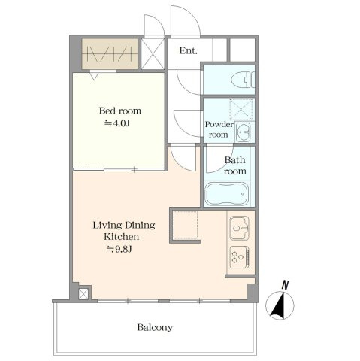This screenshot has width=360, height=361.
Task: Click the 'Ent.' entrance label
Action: [188, 51]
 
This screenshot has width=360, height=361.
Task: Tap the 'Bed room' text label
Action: [120, 111]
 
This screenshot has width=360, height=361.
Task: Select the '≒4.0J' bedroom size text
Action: [117, 123]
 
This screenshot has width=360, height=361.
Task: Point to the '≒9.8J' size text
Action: [119, 249]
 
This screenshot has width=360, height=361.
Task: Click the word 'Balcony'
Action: [155, 328]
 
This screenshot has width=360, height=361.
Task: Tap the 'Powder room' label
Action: [219, 129]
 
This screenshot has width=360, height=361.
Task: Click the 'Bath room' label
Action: [234, 165]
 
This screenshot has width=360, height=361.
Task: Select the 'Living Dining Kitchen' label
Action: [124, 231]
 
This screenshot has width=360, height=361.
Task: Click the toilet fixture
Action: [243, 80]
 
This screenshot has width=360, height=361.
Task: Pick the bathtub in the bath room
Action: [227, 193]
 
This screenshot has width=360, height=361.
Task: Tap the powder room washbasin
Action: [244, 132]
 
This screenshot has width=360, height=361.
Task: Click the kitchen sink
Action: [239, 228]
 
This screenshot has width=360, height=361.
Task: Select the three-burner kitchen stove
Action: [240, 257]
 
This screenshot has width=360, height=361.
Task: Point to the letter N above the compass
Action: [285, 286]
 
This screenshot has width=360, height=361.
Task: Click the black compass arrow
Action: [279, 306]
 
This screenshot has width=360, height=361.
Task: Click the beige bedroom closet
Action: [110, 53]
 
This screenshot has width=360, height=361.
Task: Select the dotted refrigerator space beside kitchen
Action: [186, 225]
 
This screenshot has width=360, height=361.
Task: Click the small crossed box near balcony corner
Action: [83, 294]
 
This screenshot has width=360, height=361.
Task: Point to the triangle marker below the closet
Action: [94, 76]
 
